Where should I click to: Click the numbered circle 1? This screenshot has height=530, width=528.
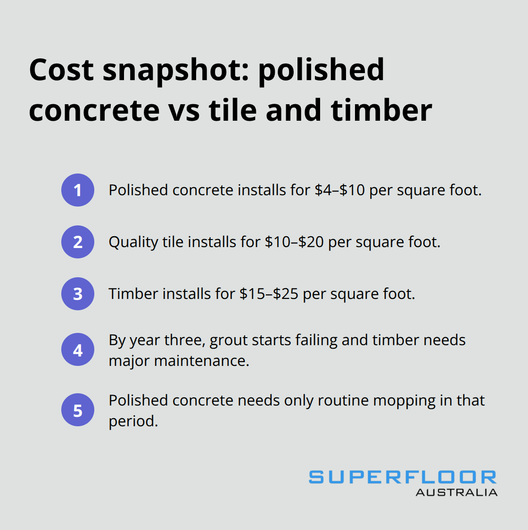[78, 190]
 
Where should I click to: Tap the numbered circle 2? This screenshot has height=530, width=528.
[78, 242]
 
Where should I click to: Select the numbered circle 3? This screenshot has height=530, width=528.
[78, 294]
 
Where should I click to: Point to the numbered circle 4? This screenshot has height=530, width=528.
[78, 350]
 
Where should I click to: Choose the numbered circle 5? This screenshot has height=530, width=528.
[78, 410]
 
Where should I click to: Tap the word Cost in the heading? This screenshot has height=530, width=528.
[61, 70]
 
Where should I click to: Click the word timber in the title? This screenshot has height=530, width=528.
[381, 110]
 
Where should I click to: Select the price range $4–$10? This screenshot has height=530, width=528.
[339, 190]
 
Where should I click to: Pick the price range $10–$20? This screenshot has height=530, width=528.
[294, 242]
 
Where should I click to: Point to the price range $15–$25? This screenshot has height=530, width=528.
[269, 294]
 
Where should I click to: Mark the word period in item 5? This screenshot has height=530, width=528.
[133, 421]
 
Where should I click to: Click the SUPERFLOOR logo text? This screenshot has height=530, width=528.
[403, 477]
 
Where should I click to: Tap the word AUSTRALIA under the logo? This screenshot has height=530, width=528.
[456, 492]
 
